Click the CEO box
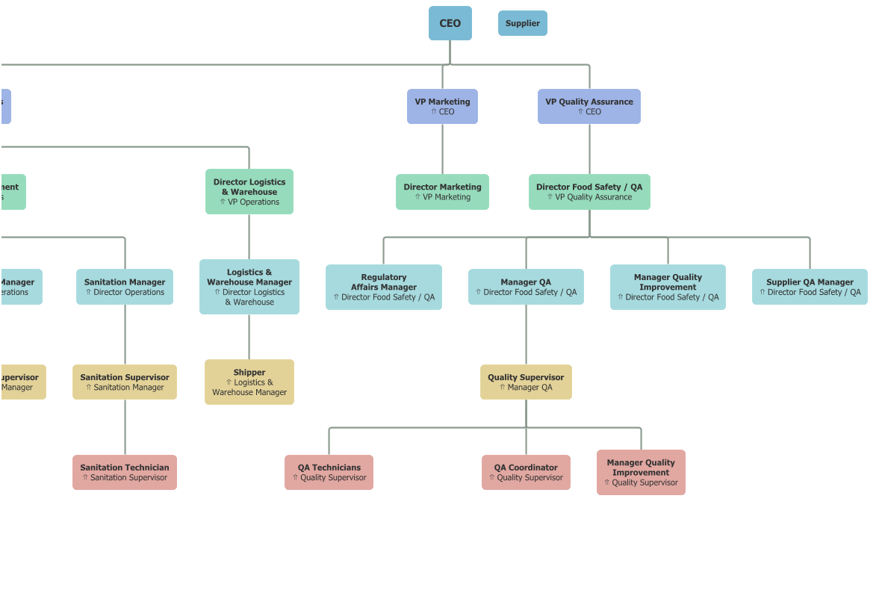tap(450, 23)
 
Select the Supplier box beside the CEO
tap(522, 23)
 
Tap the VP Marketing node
tap(442, 106)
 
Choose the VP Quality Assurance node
tap(589, 106)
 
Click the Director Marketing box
tap(442, 192)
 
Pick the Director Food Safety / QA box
tap(589, 192)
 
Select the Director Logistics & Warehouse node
tap(249, 191)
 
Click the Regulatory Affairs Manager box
tap(383, 287)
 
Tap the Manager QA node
tap(526, 287)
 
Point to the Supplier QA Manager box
tap(810, 287)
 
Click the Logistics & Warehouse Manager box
tap(249, 287)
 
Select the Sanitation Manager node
tap(125, 287)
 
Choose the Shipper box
tap(249, 382)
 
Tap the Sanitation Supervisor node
tap(125, 382)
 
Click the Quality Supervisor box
tap(526, 382)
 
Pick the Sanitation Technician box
tap(125, 472)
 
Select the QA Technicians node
tap(329, 472)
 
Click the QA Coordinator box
tap(526, 472)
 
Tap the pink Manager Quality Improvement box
tap(641, 472)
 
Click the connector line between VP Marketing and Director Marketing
tap(442, 149)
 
